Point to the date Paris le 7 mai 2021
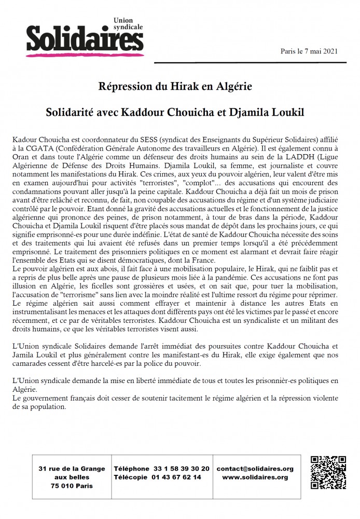coord(309,51)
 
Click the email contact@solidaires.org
coord(255,469)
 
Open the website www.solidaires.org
coord(255,477)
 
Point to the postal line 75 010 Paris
coord(72,486)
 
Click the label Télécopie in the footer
coord(131,477)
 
